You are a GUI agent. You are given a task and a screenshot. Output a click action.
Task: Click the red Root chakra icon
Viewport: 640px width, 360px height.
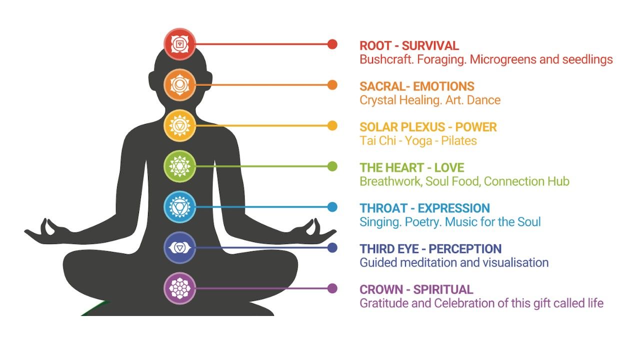(x=179, y=44)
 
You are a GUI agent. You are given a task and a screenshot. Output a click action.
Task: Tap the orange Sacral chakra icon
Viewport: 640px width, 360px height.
(x=179, y=85)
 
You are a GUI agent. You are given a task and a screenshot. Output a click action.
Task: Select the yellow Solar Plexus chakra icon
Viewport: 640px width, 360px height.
(x=179, y=125)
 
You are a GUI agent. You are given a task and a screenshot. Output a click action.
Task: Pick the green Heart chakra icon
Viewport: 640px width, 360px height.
(x=179, y=166)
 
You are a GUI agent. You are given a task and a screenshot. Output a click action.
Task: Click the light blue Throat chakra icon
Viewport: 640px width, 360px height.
(x=179, y=206)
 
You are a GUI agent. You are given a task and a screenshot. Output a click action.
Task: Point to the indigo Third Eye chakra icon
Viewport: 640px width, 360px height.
(x=179, y=247)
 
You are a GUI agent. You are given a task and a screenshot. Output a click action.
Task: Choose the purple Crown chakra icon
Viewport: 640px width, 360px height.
(x=179, y=288)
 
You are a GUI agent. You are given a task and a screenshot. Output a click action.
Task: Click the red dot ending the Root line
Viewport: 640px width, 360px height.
(x=332, y=44)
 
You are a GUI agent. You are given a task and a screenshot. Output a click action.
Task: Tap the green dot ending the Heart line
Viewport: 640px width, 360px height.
(x=332, y=166)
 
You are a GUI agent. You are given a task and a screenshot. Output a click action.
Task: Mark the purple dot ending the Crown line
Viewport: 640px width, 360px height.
(x=332, y=288)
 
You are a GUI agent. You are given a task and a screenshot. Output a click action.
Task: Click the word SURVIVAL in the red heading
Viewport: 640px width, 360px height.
(x=430, y=46)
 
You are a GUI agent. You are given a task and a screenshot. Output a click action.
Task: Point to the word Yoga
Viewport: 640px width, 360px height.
(x=418, y=141)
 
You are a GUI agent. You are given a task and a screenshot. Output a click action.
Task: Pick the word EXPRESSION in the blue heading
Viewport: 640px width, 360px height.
(x=453, y=208)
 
